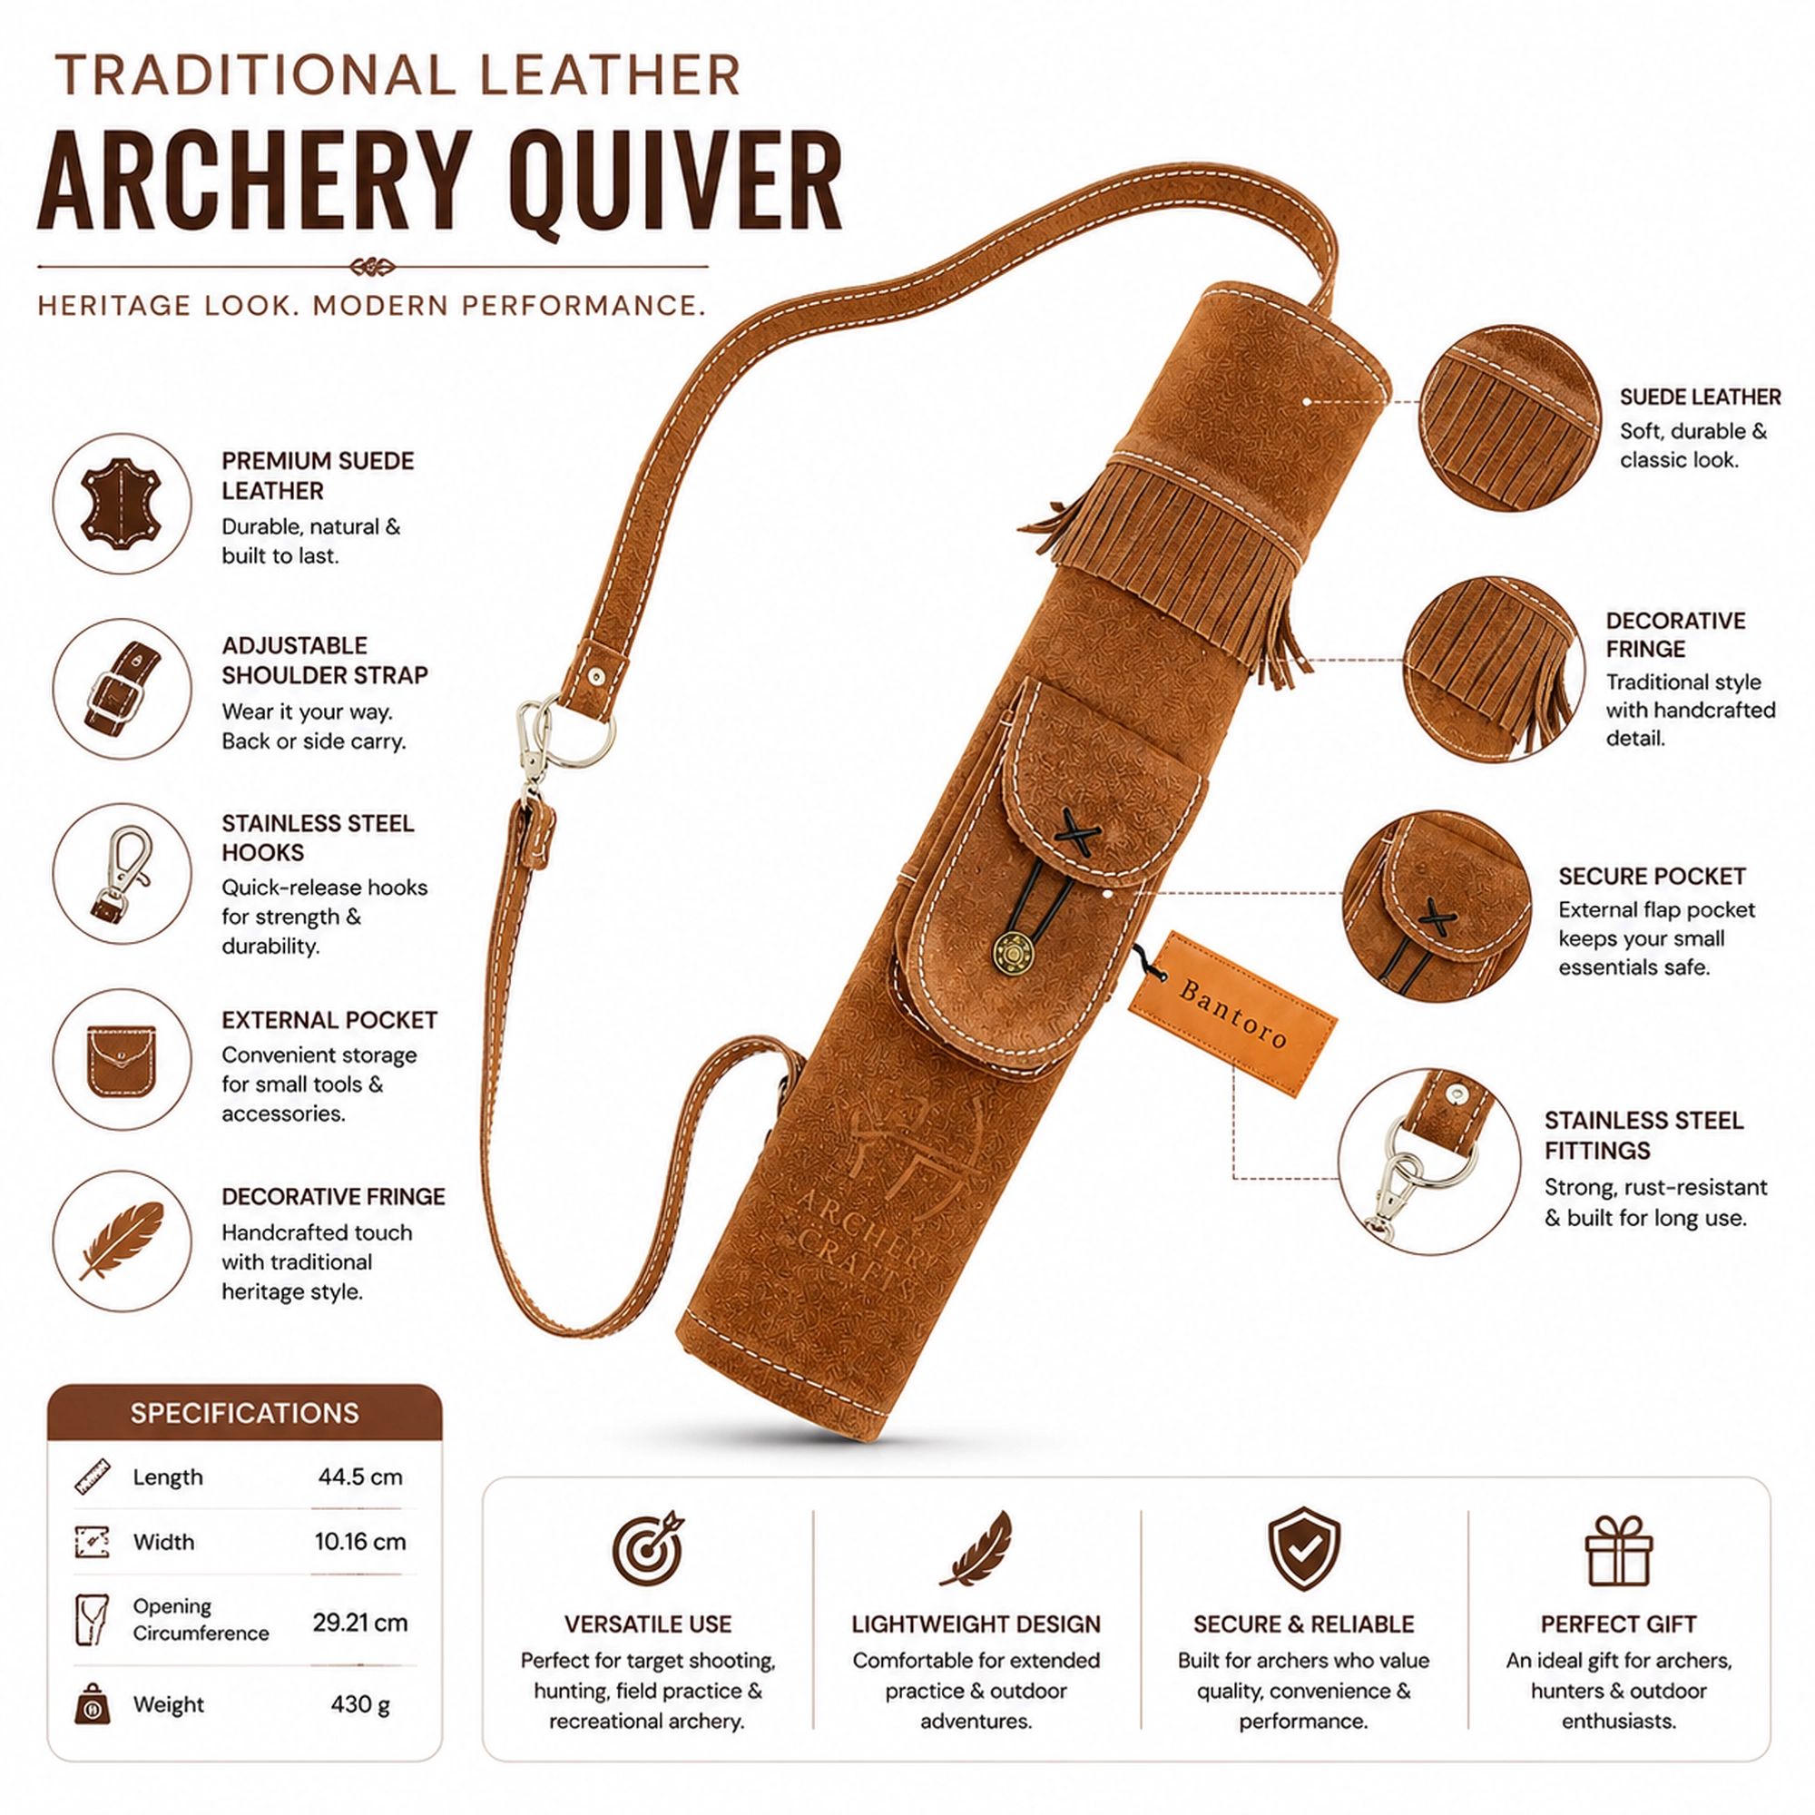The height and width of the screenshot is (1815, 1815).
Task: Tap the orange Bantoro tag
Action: (x=1232, y=1015)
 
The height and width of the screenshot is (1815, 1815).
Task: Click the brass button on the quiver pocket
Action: (x=1013, y=956)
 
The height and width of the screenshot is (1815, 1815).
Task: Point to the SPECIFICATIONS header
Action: (x=244, y=1413)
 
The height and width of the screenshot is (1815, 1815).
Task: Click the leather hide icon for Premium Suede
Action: (x=122, y=504)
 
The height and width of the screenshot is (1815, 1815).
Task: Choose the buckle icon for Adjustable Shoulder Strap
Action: (x=122, y=689)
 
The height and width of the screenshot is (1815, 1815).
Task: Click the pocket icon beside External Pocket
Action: (x=122, y=1061)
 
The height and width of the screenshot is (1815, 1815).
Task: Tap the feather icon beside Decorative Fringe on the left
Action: (x=122, y=1240)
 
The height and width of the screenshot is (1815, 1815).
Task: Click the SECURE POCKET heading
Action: (x=1652, y=877)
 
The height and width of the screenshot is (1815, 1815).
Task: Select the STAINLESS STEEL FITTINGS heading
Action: (x=1644, y=1135)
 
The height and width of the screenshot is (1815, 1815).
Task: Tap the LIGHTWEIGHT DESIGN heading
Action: (x=976, y=1624)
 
